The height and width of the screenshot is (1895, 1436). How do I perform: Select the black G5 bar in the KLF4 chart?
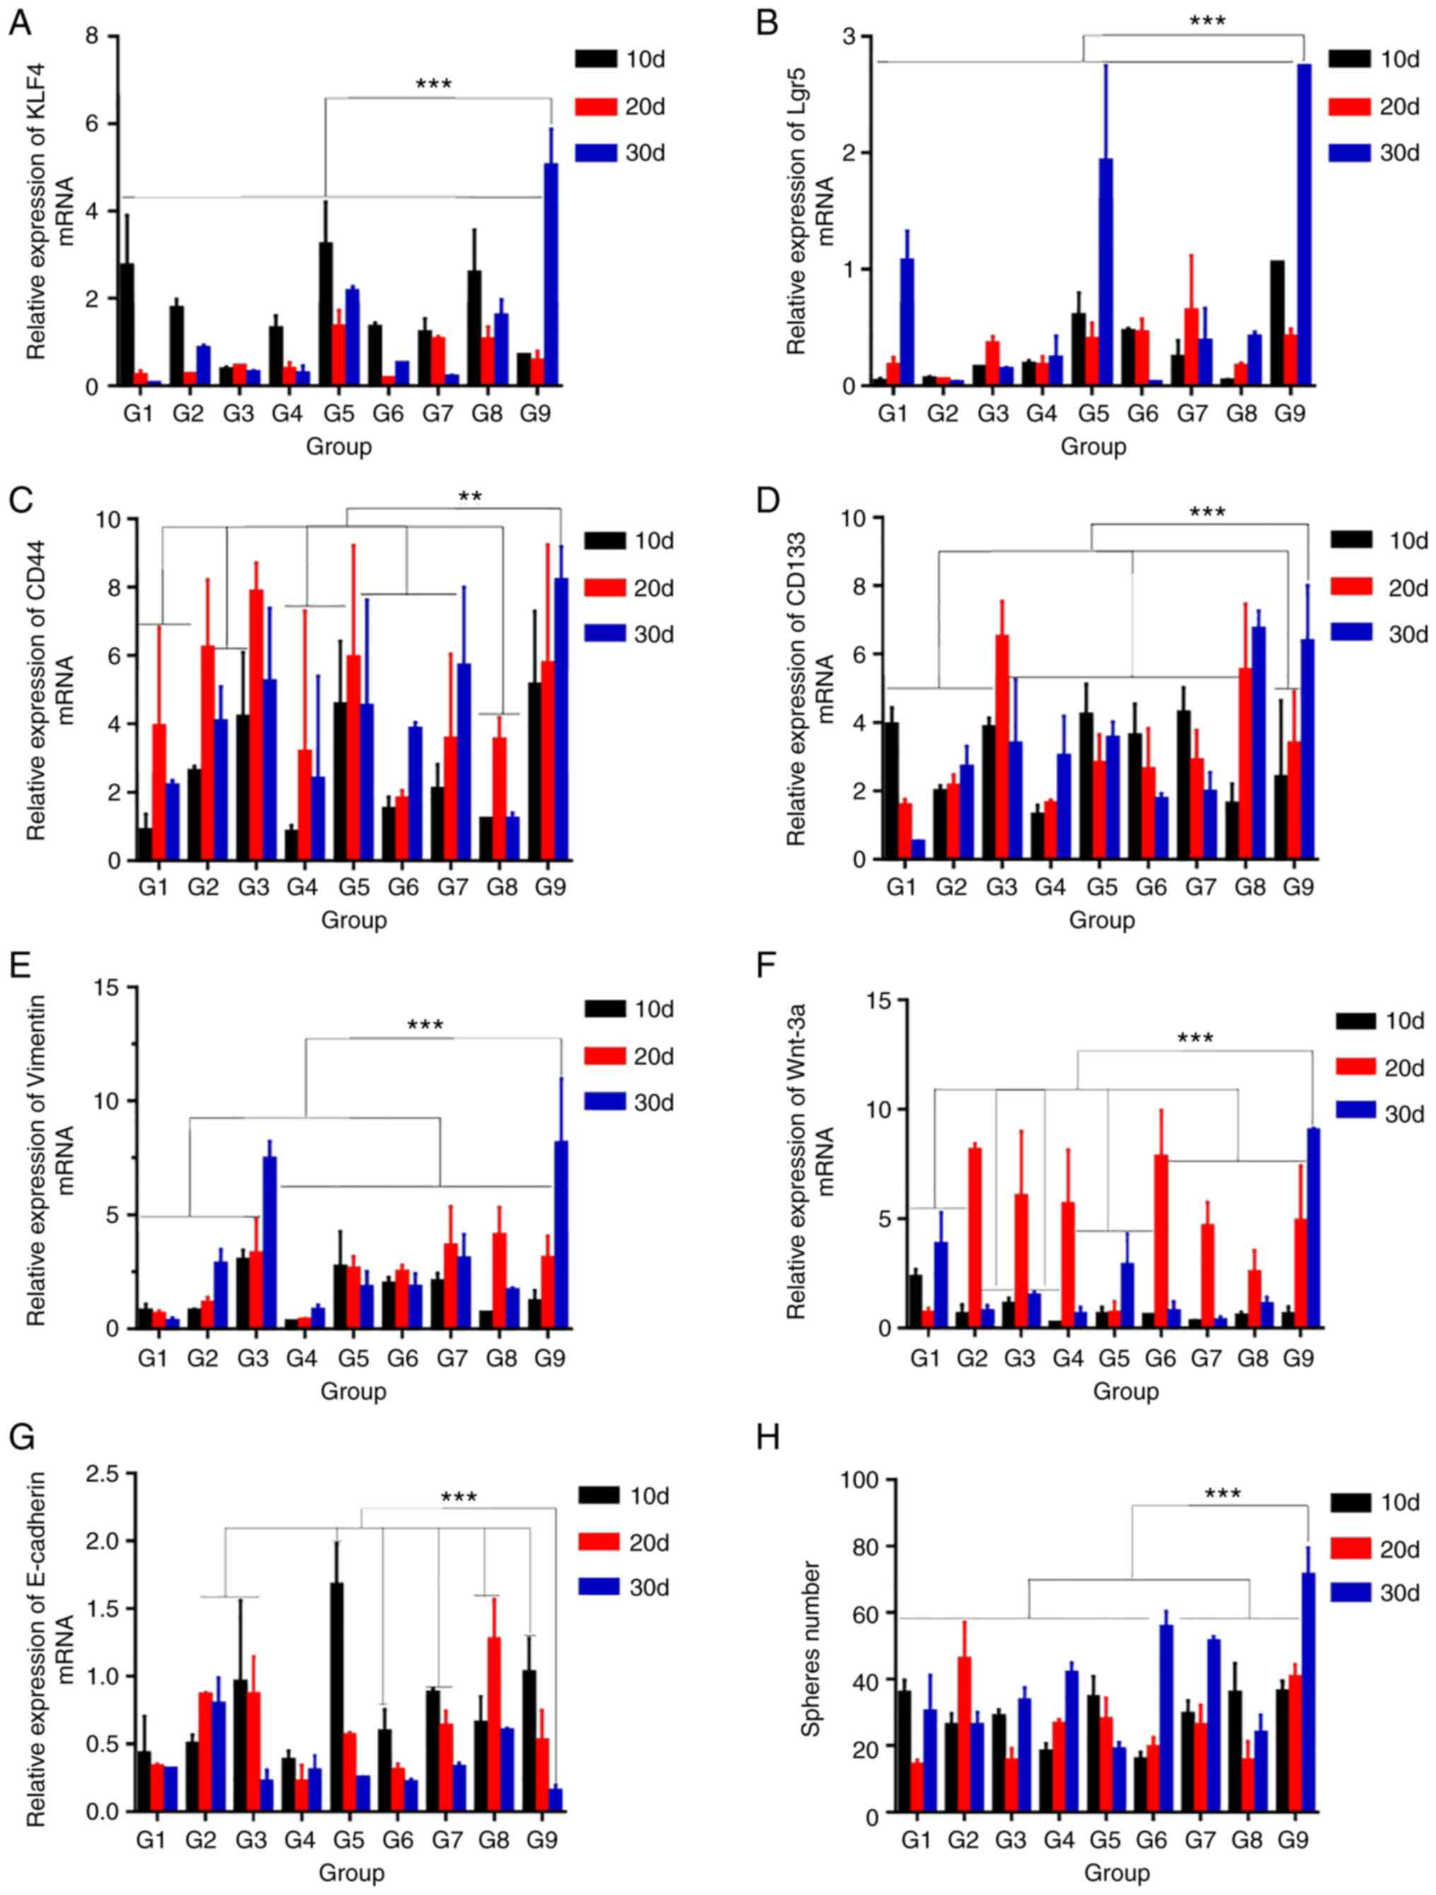(x=326, y=314)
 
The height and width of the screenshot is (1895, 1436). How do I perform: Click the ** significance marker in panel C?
(x=469, y=496)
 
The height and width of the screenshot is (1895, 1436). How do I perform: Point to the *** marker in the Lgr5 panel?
(x=1207, y=20)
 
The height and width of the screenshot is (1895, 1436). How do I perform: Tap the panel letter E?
(x=20, y=967)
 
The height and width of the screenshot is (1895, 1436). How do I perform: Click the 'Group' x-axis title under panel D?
(x=1102, y=921)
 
